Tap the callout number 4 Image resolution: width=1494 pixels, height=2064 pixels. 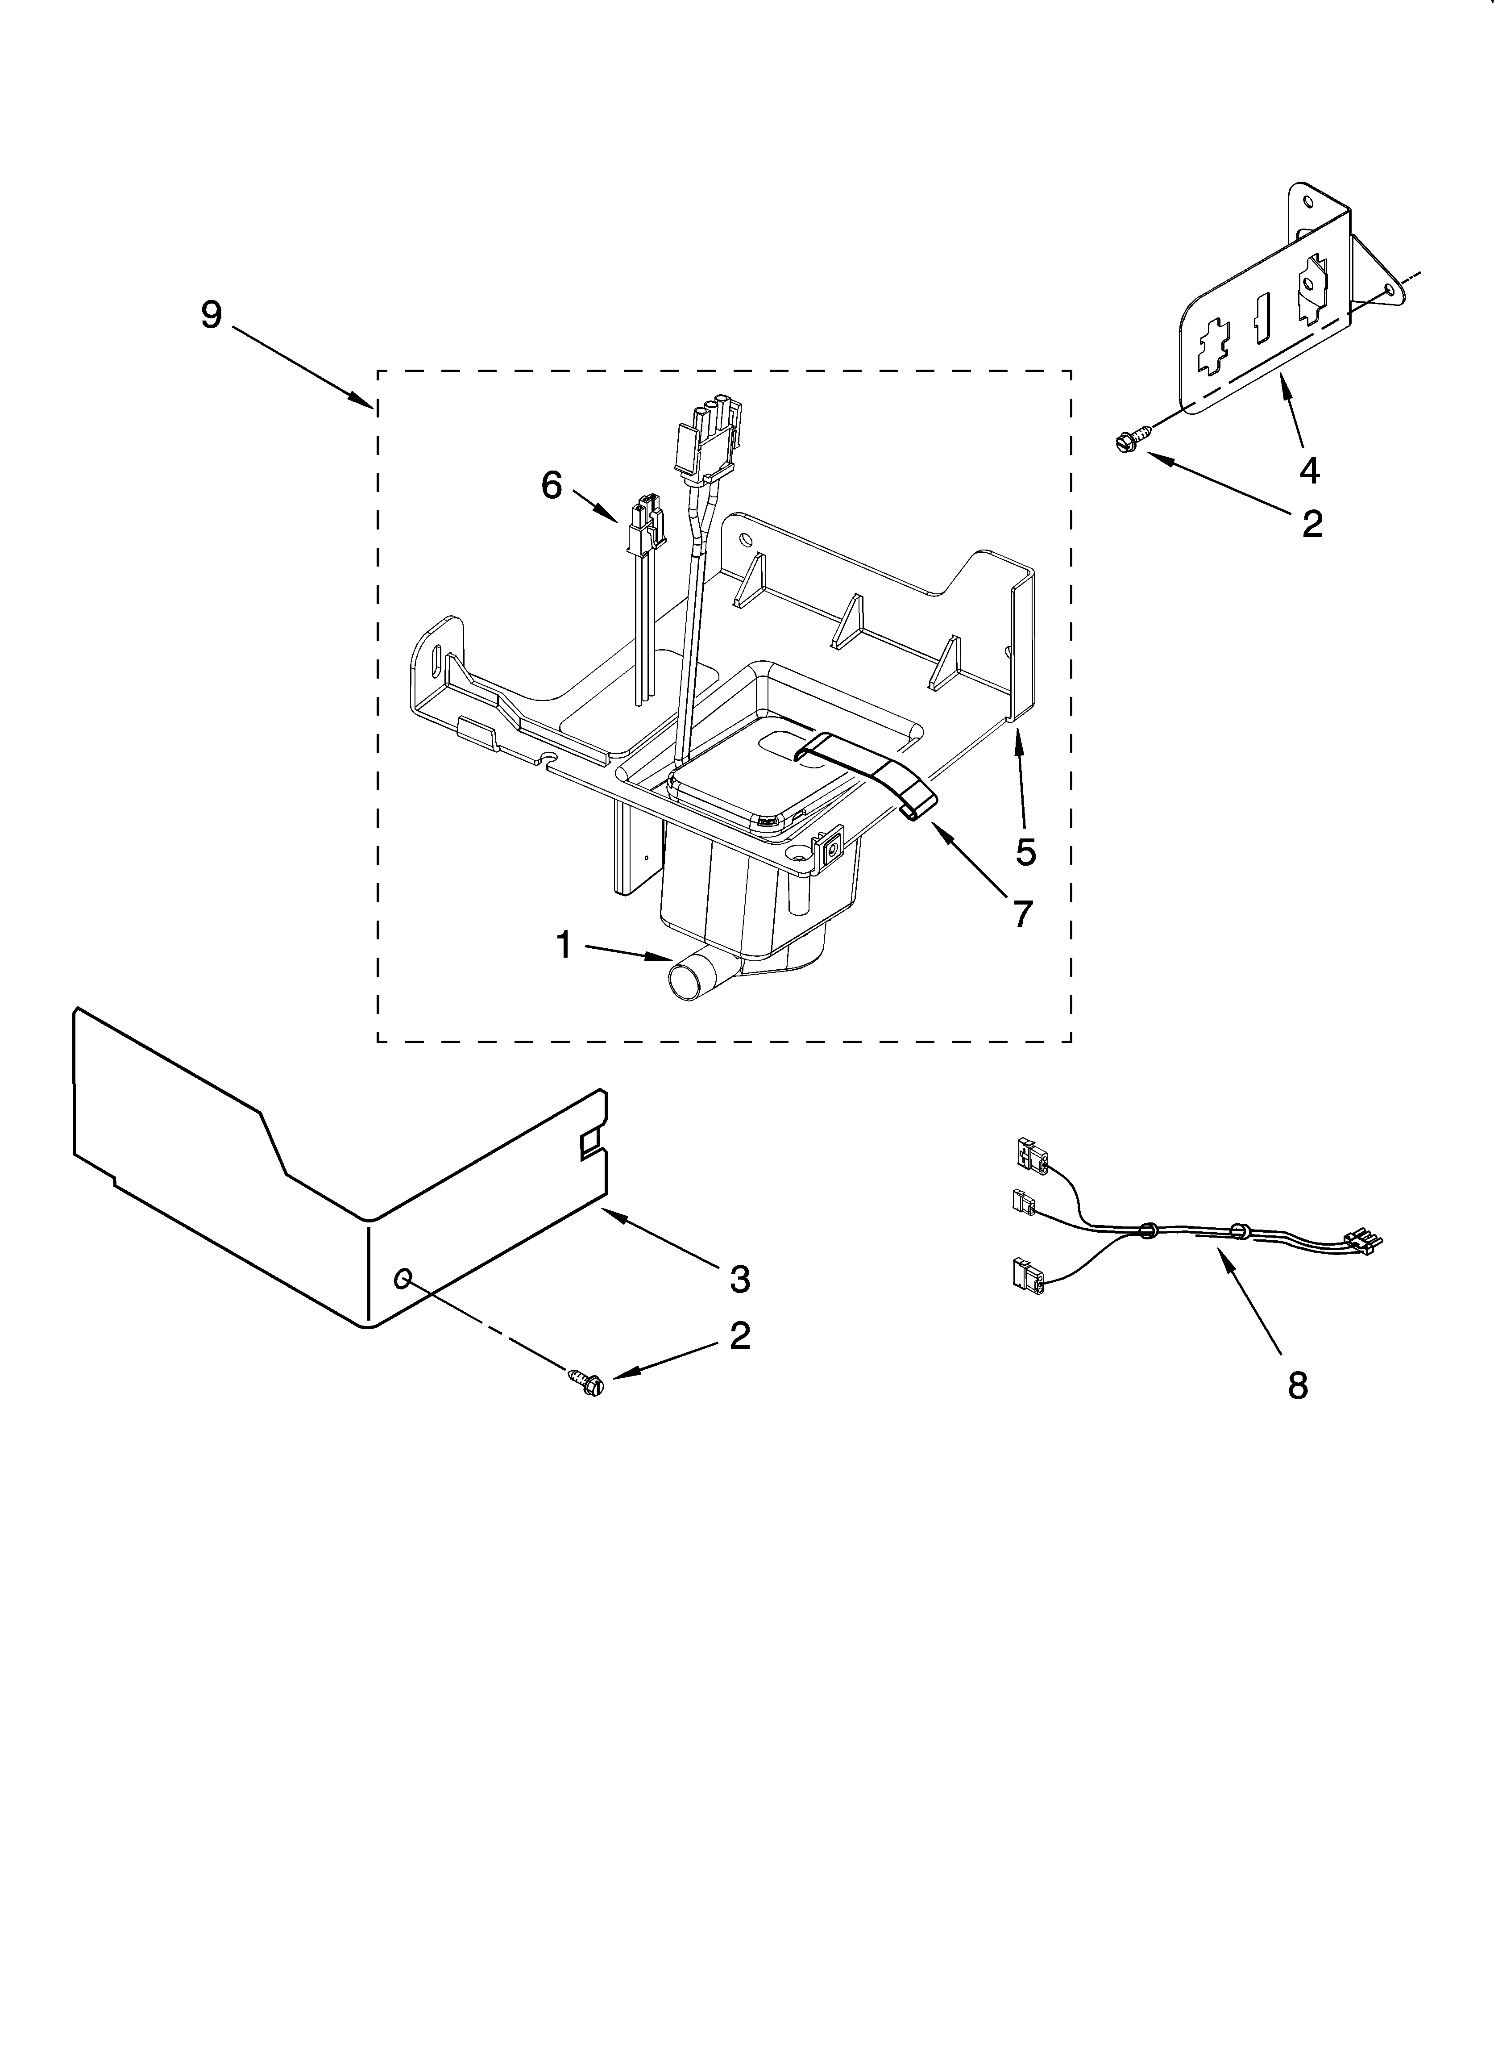pos(1308,470)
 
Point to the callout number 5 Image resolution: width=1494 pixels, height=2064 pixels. pos(1025,852)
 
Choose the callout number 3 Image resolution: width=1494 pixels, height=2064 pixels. pos(740,1279)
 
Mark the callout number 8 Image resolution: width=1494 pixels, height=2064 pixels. pos(1298,1385)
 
